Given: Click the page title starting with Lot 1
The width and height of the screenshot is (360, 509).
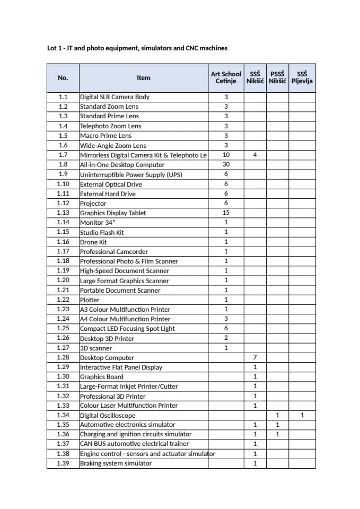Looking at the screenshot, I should tap(137, 48).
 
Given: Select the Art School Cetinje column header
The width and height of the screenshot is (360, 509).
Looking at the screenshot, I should tap(226, 77).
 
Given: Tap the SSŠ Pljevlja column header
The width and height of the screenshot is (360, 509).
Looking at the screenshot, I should tap(302, 77).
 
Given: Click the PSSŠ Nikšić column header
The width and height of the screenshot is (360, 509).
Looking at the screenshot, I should tap(277, 77).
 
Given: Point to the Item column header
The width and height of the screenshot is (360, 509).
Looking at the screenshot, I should tap(143, 77).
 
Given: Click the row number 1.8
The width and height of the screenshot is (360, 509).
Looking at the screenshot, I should tap(63, 165).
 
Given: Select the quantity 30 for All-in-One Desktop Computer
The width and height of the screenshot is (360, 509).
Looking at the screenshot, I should tap(226, 165).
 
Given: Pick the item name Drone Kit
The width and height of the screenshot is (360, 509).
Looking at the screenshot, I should tap(93, 242).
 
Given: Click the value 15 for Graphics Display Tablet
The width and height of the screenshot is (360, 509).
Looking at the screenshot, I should tap(226, 213).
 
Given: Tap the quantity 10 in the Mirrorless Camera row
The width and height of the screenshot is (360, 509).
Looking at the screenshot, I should tap(226, 155).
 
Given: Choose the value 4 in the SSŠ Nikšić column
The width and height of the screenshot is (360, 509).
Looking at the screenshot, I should tap(255, 155).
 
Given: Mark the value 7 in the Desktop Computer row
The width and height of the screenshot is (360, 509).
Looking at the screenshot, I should tap(255, 358).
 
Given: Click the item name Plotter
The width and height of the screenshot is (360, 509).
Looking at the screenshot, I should tap(90, 300).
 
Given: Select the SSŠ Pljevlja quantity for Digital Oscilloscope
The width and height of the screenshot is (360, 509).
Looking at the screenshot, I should tap(302, 416).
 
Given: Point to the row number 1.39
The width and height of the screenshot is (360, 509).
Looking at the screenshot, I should tap(63, 463).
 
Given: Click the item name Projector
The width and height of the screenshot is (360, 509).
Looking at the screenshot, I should tap(93, 204).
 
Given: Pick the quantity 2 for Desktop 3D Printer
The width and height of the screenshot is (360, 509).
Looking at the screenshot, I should tap(226, 338).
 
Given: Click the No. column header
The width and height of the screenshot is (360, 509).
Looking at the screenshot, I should tap(63, 77).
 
